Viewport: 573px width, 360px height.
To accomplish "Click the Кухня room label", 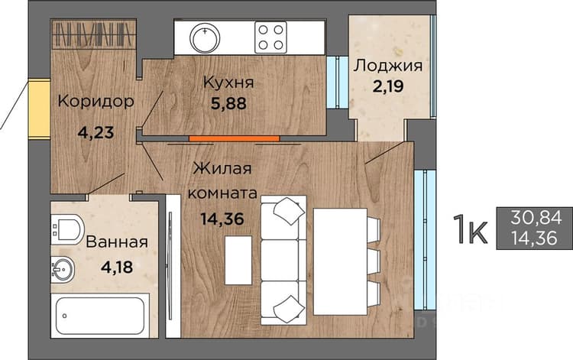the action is point(228,83).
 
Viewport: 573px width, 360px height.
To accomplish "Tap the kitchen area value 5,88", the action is point(228,103).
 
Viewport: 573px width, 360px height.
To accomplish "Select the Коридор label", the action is point(95,102).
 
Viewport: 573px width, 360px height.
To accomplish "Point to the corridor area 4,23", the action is point(95,132).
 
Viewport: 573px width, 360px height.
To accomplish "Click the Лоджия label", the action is point(388,66).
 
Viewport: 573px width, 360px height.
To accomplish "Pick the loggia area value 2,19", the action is point(388,86).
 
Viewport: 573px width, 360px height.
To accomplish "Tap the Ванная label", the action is point(117,242).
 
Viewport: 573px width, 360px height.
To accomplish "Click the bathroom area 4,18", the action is point(117,268).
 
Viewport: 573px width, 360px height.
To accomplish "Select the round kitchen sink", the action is point(205,37).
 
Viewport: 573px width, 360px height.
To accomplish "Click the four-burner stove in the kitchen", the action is point(270,37).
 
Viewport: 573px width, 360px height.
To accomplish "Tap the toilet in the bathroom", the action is point(67,229).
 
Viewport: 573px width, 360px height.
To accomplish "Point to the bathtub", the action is point(100,316).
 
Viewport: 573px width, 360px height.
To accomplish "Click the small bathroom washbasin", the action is point(63,270).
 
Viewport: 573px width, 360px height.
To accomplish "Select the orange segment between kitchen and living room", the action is point(235,138).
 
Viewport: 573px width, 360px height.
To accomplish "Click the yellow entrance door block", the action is point(40,109).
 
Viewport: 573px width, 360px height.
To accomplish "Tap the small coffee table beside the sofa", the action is point(238,260).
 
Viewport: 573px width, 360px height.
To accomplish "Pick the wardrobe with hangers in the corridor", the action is point(94,34).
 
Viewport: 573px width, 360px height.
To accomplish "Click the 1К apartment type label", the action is point(471,229).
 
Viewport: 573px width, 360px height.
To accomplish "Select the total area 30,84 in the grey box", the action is point(536,218).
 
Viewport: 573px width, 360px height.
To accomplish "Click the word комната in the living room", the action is point(222,193).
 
